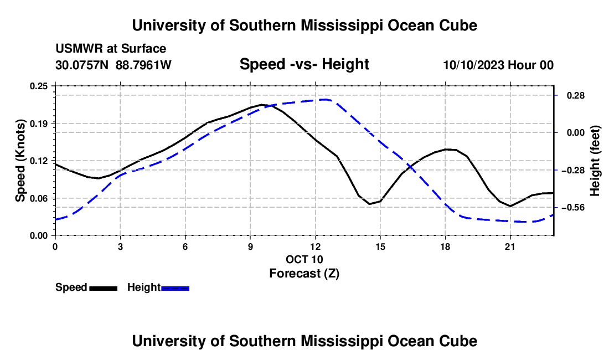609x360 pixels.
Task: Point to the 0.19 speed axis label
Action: coord(39,124)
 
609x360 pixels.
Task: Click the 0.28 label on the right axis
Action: coord(576,95)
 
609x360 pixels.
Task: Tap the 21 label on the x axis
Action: coord(510,246)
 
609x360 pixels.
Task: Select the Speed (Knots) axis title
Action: coord(20,161)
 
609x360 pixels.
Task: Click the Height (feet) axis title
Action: coord(595,161)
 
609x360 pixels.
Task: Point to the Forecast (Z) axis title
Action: coord(304,274)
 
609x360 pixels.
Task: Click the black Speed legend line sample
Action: coord(104,289)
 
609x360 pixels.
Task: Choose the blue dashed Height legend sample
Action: coord(175,289)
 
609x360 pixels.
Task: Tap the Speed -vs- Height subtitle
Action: coord(304,64)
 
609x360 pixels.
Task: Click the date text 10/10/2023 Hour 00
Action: coord(498,65)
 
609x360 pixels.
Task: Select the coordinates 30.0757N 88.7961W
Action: coord(113,65)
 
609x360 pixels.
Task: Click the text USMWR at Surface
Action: coord(111,49)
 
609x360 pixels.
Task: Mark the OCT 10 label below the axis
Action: coord(304,259)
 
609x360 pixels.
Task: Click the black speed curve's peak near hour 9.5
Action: coord(262,105)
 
